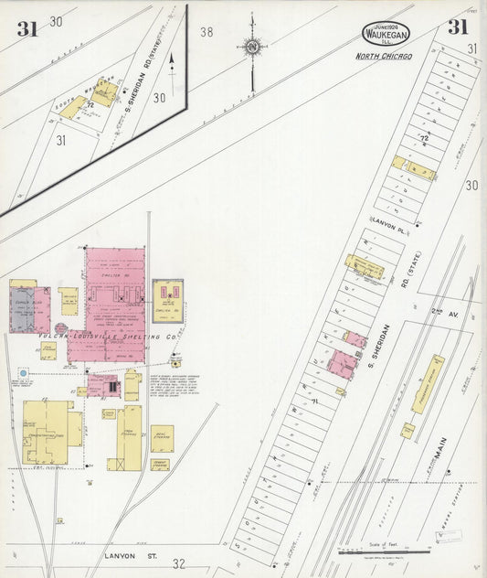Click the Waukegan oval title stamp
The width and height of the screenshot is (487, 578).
386,34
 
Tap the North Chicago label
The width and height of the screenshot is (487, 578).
384,57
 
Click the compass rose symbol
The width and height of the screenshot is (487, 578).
251,45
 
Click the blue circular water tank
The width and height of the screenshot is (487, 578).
23,374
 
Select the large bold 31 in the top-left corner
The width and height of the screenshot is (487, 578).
26,28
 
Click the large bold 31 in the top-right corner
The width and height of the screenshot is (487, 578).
457,27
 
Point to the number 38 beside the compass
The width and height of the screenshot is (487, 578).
206,32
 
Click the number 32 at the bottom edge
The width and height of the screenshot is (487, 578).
179,563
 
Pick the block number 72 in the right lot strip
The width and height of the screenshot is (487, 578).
424,138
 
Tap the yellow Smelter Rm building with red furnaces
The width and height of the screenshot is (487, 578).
168,297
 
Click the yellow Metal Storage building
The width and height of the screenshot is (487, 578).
162,436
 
